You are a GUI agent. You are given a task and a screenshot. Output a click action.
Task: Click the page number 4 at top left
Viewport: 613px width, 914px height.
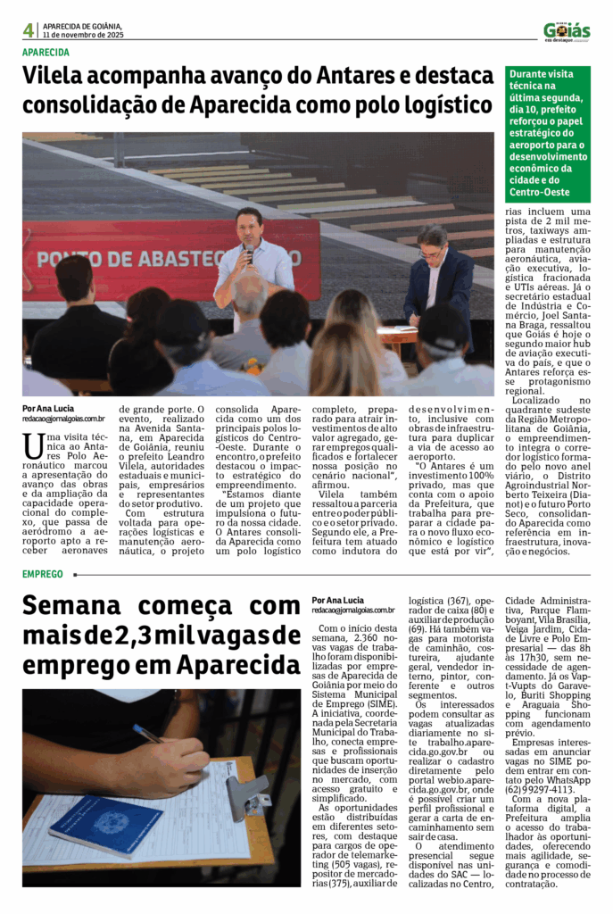[29, 30]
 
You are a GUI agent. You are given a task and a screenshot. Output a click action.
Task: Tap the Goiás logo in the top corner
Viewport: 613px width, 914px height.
[567, 31]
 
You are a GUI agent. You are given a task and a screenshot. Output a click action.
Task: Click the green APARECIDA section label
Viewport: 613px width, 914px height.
[46, 52]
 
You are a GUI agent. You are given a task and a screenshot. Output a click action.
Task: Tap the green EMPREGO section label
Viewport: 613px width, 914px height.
[43, 574]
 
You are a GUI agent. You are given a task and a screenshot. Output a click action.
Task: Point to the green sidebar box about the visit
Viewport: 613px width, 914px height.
[547, 131]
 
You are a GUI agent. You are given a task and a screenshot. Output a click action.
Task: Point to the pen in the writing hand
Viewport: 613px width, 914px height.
[148, 735]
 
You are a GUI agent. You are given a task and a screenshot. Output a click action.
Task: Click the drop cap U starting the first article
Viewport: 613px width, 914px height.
[33, 444]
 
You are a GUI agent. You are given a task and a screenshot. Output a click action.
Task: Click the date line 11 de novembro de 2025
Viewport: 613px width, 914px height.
[84, 35]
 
